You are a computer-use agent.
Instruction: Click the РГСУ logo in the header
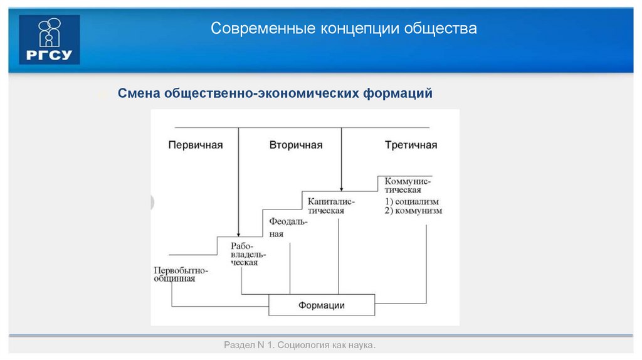click(x=50, y=40)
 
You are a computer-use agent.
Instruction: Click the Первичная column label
click(x=196, y=145)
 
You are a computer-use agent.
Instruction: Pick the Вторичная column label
click(x=296, y=145)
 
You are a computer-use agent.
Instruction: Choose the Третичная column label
click(x=411, y=145)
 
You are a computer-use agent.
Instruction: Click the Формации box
click(x=322, y=305)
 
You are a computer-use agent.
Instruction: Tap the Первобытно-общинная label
click(x=181, y=274)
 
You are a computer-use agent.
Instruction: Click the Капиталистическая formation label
click(x=331, y=206)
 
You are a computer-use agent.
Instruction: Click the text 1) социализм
click(x=411, y=201)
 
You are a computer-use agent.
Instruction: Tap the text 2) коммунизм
click(x=413, y=211)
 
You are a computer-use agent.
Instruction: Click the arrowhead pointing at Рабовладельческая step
click(x=239, y=232)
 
